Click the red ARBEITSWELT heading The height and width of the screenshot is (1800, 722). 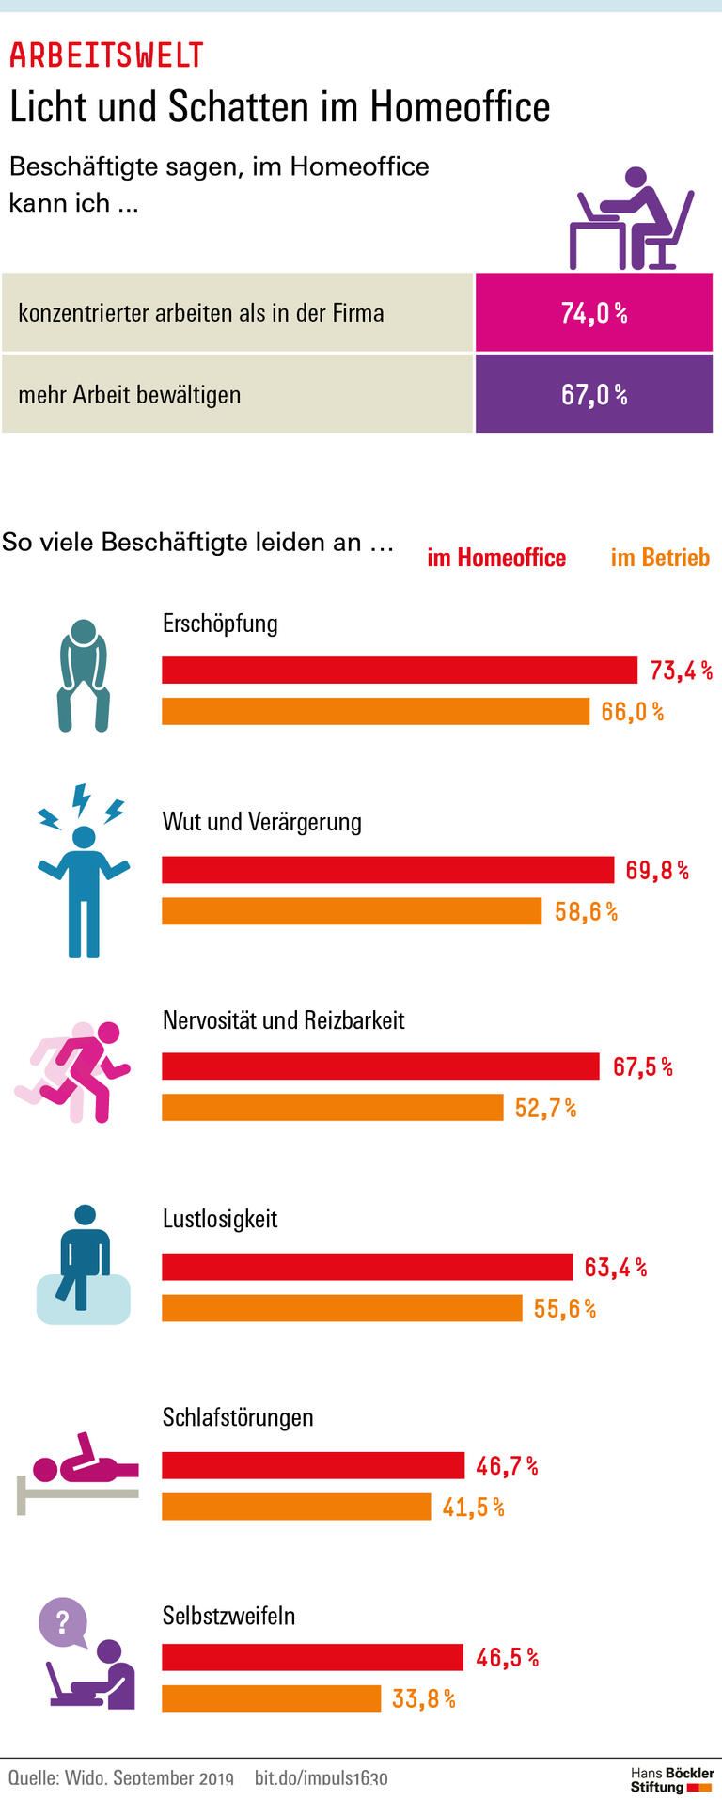(x=106, y=55)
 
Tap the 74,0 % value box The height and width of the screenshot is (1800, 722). (x=593, y=313)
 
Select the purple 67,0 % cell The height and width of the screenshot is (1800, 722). (x=593, y=394)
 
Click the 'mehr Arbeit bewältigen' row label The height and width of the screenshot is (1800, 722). (x=130, y=395)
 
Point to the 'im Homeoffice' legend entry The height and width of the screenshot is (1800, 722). (x=496, y=558)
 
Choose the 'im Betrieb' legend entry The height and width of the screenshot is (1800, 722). (x=660, y=558)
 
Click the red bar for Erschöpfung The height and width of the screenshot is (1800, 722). (x=400, y=670)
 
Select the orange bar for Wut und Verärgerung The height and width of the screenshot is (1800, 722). (x=352, y=910)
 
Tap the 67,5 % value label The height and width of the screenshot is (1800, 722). (x=643, y=1066)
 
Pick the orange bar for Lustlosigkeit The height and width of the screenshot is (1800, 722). (x=341, y=1307)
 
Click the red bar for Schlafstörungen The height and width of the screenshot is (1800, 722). (x=313, y=1465)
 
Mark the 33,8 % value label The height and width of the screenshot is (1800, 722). (x=423, y=1698)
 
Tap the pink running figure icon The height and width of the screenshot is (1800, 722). (x=75, y=1072)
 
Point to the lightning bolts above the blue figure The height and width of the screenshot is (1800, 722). (x=82, y=805)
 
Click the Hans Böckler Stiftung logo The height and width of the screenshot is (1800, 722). (x=671, y=1779)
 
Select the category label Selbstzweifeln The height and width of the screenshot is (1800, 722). (x=228, y=1616)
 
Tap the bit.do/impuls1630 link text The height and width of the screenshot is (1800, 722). (x=321, y=1778)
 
